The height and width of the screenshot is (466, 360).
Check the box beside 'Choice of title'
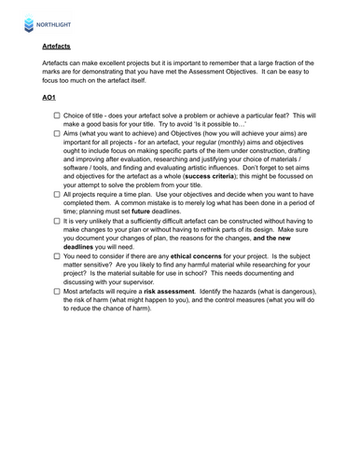point(57,116)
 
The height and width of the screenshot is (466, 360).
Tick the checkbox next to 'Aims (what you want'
point(57,134)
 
